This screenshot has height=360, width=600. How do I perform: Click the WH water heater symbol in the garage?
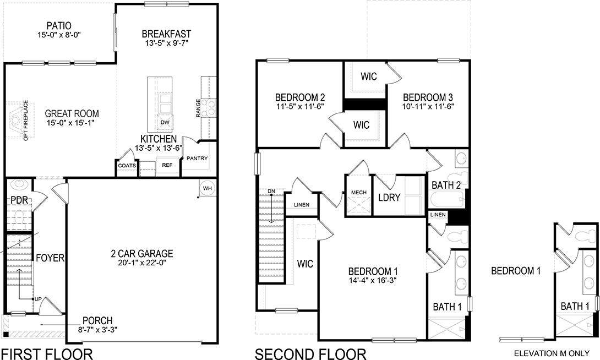[208, 188]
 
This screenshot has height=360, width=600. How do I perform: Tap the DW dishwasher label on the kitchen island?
[165, 122]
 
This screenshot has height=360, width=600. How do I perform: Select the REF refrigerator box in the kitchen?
[167, 165]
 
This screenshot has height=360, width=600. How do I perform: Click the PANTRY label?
[197, 159]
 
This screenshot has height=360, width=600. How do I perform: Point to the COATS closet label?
[127, 165]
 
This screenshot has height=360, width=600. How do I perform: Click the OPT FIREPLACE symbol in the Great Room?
[18, 121]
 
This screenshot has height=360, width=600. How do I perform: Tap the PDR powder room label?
[19, 200]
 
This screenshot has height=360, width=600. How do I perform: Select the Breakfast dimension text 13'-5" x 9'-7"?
[166, 43]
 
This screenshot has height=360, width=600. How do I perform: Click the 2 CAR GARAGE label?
[142, 253]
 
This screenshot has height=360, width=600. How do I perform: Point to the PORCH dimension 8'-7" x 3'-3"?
[97, 329]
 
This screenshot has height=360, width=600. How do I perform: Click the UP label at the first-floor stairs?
[38, 299]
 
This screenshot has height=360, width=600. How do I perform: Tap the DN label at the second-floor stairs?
[271, 191]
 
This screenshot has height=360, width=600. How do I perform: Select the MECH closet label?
[358, 193]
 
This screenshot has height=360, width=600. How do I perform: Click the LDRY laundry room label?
[389, 198]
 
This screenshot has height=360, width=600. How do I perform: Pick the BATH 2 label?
[446, 185]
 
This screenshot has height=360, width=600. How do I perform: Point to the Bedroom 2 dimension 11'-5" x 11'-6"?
[300, 106]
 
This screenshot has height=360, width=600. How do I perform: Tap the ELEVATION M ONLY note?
[552, 353]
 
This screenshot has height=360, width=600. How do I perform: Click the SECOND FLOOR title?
[310, 353]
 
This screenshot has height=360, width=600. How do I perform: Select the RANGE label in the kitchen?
[198, 108]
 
